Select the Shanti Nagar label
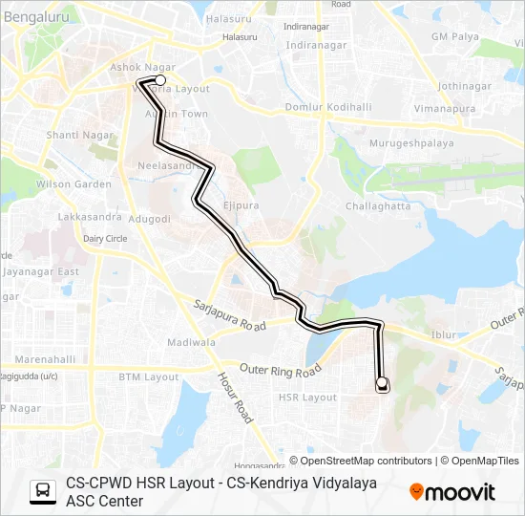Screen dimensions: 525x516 [x=75, y=136]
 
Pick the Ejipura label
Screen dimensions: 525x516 [x=241, y=205]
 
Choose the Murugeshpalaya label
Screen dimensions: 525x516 [x=398, y=144]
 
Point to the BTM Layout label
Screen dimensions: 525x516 [x=148, y=376]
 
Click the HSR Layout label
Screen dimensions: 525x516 [x=307, y=398]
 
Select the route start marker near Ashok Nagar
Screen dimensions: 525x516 [x=160, y=80]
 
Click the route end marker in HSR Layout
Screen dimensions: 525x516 [x=382, y=384]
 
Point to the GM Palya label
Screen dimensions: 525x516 [x=452, y=36]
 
